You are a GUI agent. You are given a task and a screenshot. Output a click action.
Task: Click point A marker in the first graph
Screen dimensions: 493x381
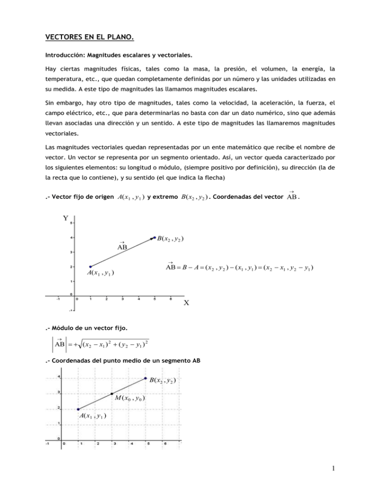(90, 266)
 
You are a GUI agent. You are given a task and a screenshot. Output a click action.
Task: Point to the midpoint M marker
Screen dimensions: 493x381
(112, 394)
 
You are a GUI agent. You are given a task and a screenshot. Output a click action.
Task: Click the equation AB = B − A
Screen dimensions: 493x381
(240, 268)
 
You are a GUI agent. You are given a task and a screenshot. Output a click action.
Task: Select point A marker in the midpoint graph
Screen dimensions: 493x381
(78, 409)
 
